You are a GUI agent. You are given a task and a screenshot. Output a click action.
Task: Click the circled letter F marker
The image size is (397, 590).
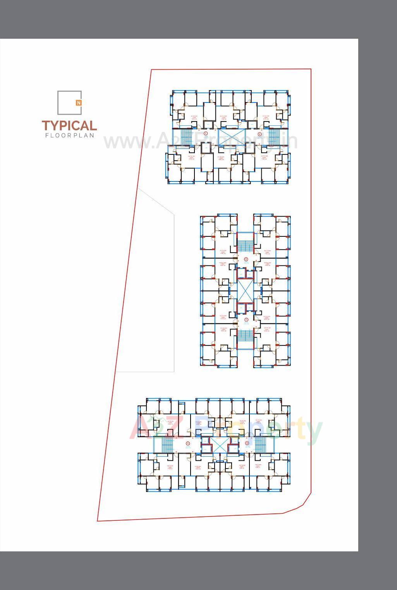coord(206,133)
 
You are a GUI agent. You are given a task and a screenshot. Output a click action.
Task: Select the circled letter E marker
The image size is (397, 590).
coord(260,134)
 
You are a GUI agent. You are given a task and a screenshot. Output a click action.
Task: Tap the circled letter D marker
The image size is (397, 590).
coord(246,259)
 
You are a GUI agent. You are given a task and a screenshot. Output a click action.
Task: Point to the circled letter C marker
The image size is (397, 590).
coord(246,320)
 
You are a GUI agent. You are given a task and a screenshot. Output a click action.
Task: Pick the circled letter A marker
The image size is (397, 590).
coord(188,443)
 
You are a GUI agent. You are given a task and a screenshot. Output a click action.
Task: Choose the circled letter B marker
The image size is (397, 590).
coord(247,443)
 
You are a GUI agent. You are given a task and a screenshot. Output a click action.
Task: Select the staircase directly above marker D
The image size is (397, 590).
coord(244,245)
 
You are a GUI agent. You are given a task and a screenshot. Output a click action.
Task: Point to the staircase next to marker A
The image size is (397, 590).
coord(167,445)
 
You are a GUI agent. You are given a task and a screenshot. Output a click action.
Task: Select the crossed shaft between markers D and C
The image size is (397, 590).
coord(244,290)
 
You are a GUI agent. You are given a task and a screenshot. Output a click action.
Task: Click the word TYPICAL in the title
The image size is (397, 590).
coord(69,126)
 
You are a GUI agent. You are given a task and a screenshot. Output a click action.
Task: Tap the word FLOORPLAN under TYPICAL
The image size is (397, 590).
coord(70,135)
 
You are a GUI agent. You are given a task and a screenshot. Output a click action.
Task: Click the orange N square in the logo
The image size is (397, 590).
coord(79,103)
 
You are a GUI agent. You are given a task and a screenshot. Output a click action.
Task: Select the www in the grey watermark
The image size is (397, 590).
coord(120,142)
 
